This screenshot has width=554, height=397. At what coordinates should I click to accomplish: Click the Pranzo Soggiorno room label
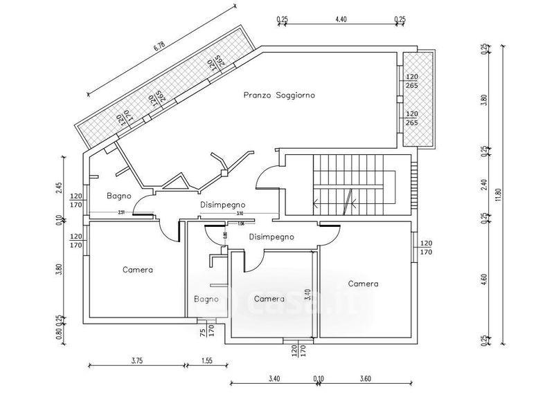[x=279, y=95]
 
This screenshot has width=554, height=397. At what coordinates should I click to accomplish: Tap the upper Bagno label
[x=118, y=196]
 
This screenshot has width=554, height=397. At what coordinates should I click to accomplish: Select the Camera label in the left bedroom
[x=138, y=270]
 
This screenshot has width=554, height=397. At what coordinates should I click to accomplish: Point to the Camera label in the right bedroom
[x=363, y=284]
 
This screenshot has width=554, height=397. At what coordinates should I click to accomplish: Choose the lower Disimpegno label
[x=271, y=237]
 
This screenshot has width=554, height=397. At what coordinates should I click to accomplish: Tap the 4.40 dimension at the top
[x=340, y=20]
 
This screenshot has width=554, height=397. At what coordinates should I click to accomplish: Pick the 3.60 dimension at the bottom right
[x=366, y=378]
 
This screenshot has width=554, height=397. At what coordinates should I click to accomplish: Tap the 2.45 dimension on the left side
[x=60, y=188]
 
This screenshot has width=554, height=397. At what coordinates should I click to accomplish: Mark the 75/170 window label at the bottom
[x=202, y=335]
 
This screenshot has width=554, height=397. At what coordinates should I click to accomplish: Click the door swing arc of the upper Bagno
[x=142, y=204]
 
